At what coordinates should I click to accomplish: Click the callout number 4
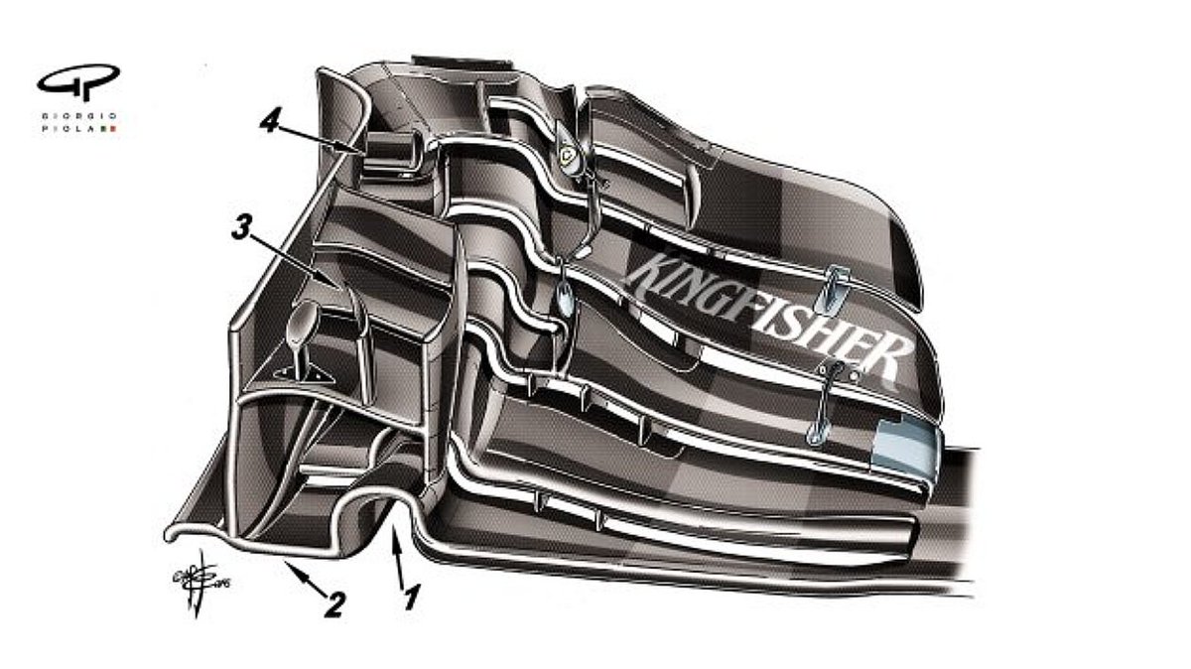[269, 122]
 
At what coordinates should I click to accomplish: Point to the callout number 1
[407, 598]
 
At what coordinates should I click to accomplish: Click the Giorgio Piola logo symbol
[78, 81]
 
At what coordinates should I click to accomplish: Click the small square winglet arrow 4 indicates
[388, 150]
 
